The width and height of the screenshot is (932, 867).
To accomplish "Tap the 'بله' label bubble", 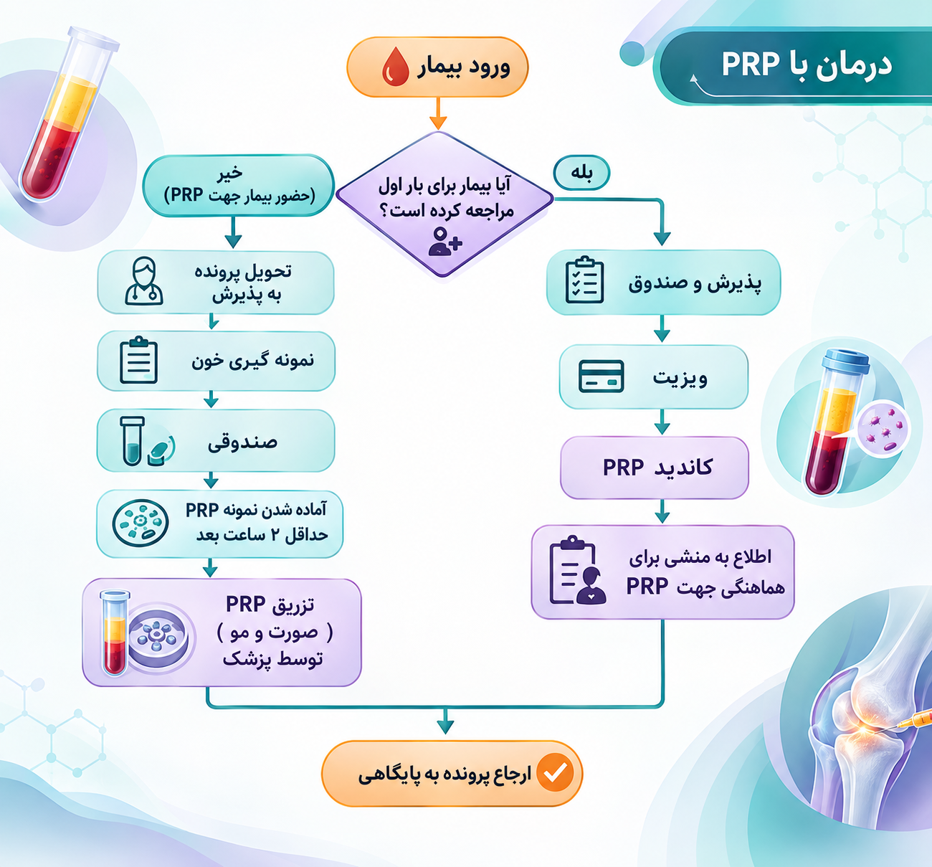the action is (581, 173).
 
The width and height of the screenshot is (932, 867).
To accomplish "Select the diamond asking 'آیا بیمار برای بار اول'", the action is (445, 204).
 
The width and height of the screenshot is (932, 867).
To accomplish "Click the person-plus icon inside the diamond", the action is (445, 241).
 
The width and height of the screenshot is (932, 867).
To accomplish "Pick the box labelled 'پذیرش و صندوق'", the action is (664, 282).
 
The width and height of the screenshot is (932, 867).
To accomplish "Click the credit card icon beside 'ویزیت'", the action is (601, 376).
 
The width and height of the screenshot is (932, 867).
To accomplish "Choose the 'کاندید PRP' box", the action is (654, 468).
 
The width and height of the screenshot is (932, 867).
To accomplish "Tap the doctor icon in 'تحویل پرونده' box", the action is (143, 281).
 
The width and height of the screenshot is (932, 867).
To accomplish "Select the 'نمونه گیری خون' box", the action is (216, 361).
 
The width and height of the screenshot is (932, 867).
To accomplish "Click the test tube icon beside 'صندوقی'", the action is (132, 441).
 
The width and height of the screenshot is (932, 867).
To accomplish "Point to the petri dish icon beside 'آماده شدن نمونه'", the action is (141, 523).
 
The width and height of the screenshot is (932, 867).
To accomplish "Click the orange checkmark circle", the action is (555, 773).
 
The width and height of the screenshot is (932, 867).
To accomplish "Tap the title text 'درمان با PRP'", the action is (807, 65).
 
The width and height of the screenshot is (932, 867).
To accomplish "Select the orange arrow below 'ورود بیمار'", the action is (438, 113).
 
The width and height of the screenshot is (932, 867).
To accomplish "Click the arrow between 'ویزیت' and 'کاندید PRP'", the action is (662, 422).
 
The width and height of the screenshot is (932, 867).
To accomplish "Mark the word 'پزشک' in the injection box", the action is (247, 660).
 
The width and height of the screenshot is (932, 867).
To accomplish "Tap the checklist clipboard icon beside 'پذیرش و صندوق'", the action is (584, 280).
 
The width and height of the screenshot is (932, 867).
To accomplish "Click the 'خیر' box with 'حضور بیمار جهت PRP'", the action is (239, 186).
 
